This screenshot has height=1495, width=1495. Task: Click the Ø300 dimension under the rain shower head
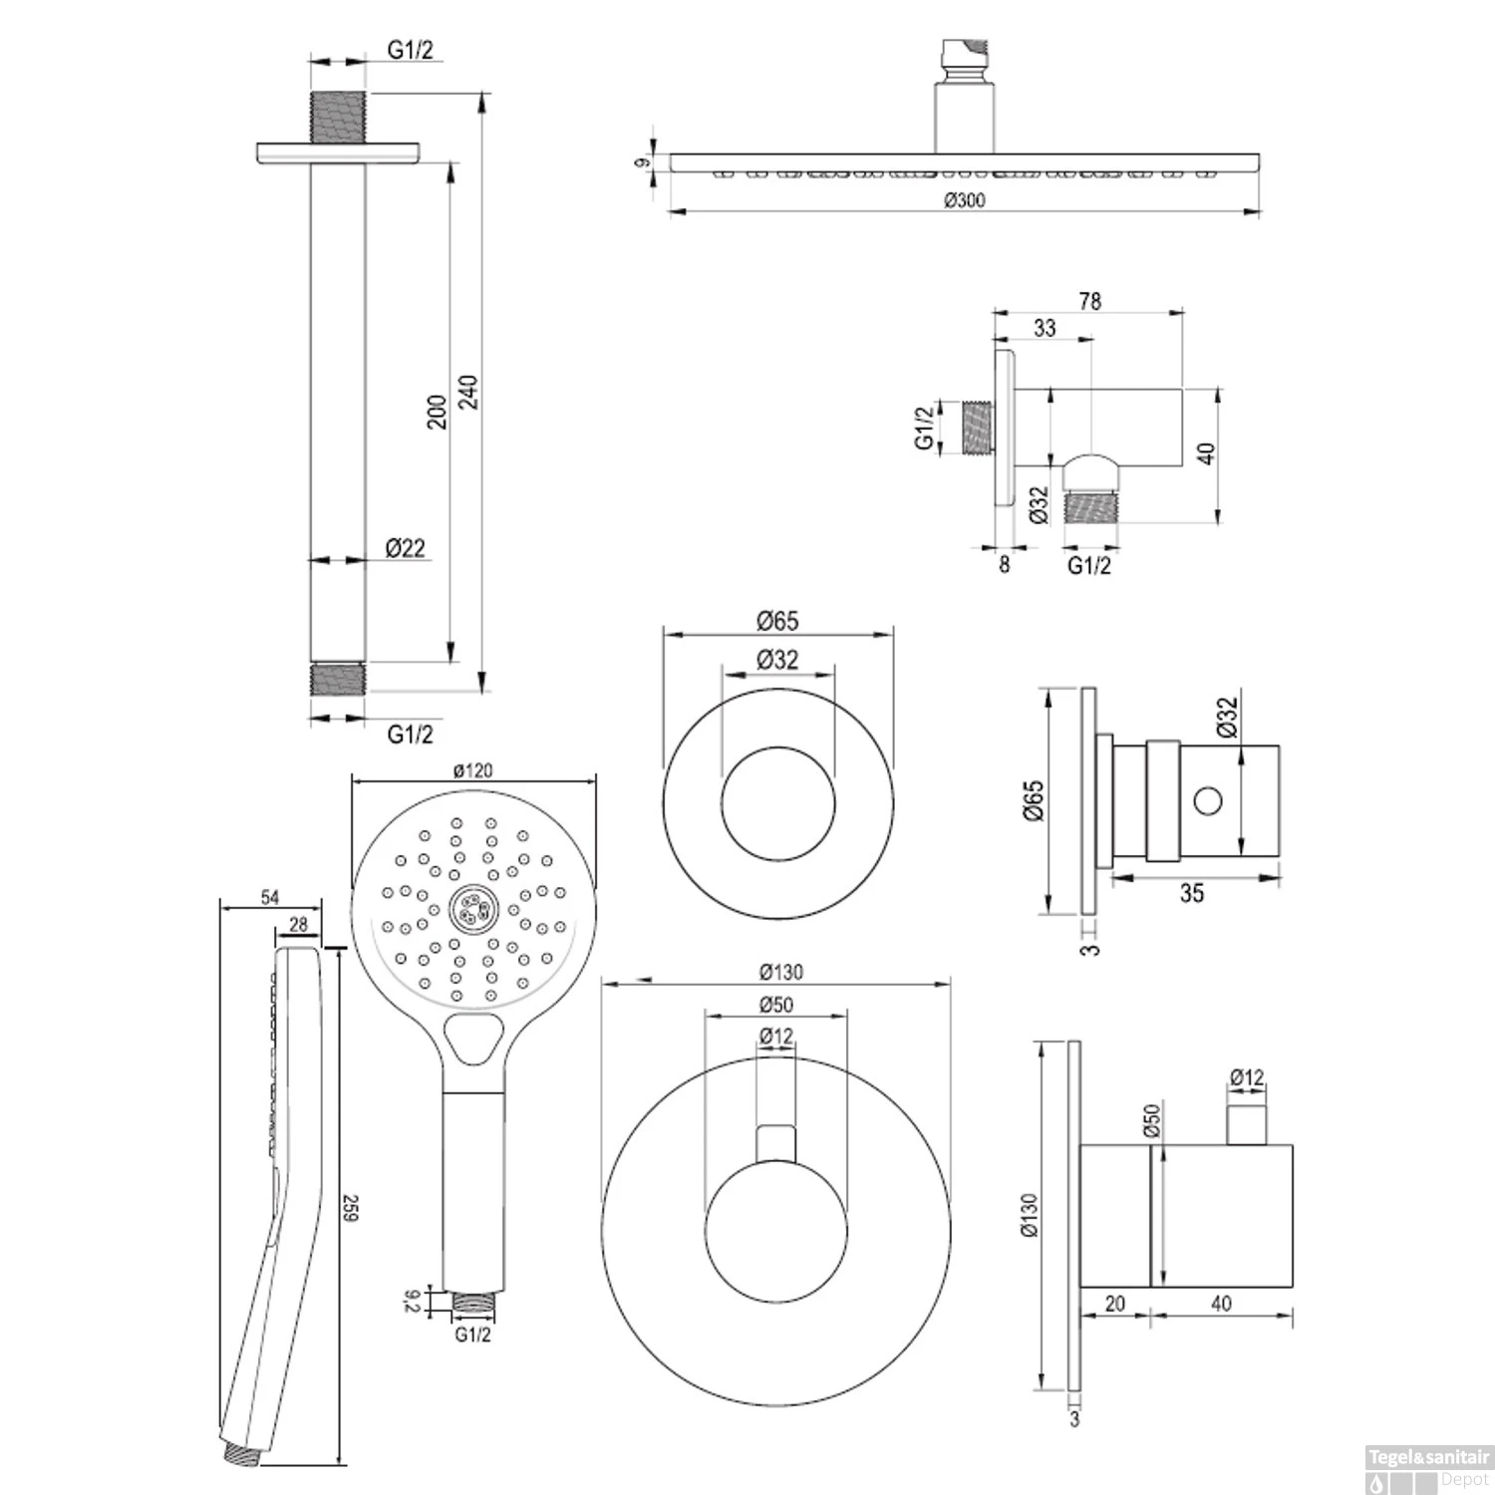tap(964, 200)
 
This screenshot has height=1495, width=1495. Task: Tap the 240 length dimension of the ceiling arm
tap(468, 392)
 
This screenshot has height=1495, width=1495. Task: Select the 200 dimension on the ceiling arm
tap(437, 412)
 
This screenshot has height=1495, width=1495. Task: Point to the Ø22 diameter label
tap(406, 547)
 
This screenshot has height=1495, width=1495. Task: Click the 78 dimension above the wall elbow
tap(1090, 301)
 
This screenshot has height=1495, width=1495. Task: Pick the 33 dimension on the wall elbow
tap(1045, 328)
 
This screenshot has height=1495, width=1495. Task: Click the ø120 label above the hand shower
tap(472, 770)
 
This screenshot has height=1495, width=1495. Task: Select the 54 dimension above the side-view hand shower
tap(270, 898)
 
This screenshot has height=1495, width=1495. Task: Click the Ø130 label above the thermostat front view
tap(780, 972)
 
